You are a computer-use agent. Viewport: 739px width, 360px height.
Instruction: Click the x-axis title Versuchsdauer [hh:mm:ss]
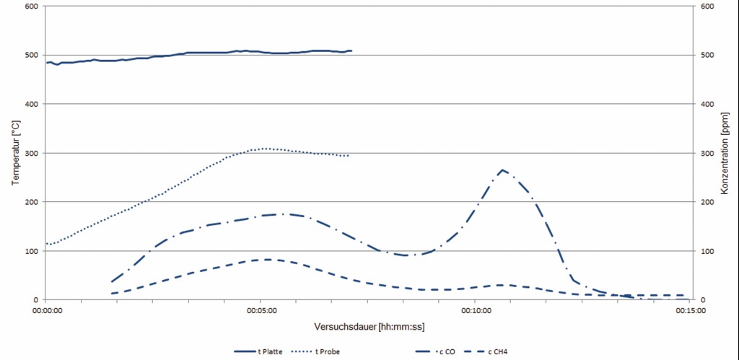(x=369, y=327)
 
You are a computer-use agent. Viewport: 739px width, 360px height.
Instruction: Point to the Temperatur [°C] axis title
(x=15, y=152)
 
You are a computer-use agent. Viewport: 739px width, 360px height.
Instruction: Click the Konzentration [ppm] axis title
(x=725, y=152)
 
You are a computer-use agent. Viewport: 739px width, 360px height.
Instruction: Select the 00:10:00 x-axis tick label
(x=476, y=311)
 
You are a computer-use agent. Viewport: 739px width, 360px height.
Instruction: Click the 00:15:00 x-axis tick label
(x=691, y=311)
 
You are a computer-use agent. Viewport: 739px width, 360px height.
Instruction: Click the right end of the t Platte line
(x=351, y=51)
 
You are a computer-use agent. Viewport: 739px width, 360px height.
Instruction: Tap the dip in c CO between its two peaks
(x=406, y=255)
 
